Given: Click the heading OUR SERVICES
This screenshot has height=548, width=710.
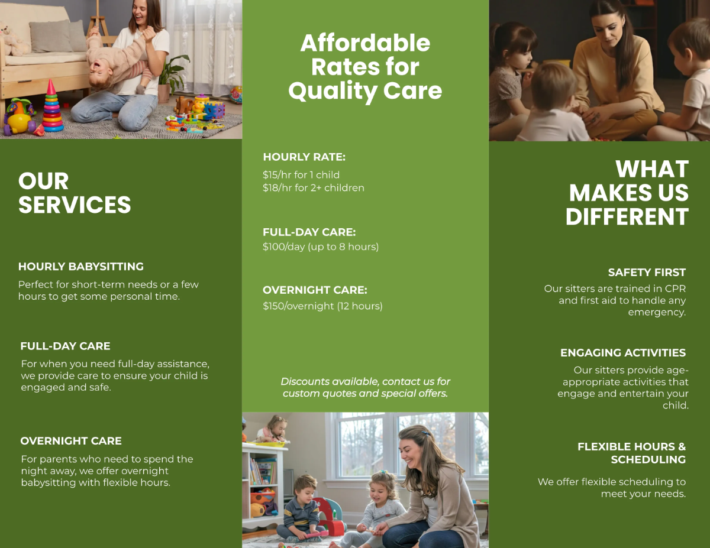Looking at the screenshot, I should (x=75, y=193).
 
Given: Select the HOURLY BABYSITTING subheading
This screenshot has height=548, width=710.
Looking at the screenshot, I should (x=81, y=267).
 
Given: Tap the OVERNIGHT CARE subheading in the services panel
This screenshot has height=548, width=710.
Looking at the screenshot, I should (x=71, y=441).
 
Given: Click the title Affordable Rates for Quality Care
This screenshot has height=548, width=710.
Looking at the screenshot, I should (x=365, y=67).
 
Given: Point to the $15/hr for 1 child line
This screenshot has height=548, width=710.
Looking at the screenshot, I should (x=301, y=175).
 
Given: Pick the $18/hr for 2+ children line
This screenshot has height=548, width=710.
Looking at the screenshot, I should (x=314, y=188).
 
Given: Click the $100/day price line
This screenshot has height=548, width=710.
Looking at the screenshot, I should (x=321, y=247).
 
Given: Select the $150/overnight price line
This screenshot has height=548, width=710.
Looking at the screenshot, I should (x=322, y=306).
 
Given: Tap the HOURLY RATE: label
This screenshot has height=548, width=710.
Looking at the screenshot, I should (x=304, y=157).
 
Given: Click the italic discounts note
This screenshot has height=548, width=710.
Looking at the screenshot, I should (x=365, y=387).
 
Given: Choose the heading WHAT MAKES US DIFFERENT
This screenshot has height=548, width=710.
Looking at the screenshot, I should (x=628, y=193).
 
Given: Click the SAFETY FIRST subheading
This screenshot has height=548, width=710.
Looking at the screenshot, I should (x=647, y=273).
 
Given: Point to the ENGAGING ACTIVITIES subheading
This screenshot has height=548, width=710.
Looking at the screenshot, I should (x=623, y=353).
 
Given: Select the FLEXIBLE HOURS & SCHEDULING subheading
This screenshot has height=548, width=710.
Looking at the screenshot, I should (x=631, y=453).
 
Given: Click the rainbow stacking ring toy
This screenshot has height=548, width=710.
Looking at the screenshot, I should (x=52, y=109).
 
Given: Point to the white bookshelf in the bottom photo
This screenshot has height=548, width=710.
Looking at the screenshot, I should (x=260, y=485).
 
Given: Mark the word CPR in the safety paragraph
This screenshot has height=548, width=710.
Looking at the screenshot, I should (x=674, y=289).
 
